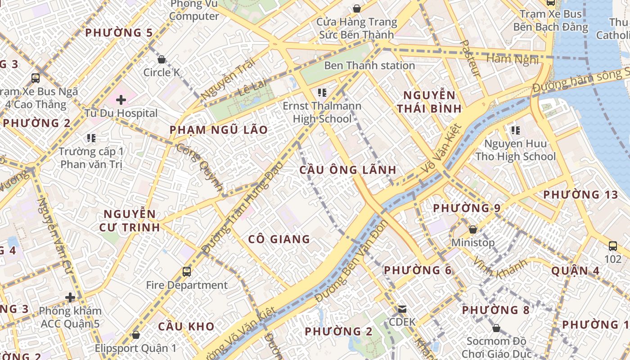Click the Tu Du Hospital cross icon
(x=121, y=99)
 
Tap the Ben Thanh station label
(x=369, y=66)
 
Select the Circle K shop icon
(x=162, y=59)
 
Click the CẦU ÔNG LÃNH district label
(x=348, y=170)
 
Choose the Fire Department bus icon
(x=187, y=271)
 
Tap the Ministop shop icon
(x=473, y=229)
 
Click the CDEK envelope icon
(x=402, y=309)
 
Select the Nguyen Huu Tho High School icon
(x=515, y=130)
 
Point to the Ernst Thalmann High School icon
(x=322, y=93)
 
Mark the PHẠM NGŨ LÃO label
(x=218, y=130)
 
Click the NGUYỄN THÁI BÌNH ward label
(x=432, y=102)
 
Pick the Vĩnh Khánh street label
(x=500, y=268)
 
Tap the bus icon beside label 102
(x=613, y=246)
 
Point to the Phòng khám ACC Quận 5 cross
(x=70, y=297)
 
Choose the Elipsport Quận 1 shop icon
(x=135, y=335)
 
